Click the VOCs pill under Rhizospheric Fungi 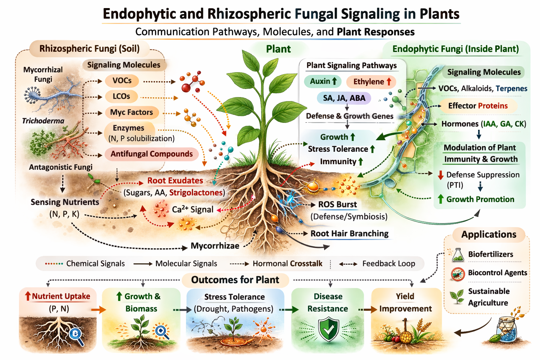tap(122, 81)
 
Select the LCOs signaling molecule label tap(121, 97)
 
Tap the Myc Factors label tap(131, 112)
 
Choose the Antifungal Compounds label tap(152, 154)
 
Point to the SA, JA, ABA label tap(344, 98)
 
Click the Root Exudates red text tap(175, 181)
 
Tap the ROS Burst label tap(337, 205)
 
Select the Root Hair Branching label tap(349, 234)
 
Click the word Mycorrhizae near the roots tap(215, 246)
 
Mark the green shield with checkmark tap(328, 329)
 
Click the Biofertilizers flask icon tap(457, 255)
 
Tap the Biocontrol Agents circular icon tap(457, 274)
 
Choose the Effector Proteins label tap(478, 106)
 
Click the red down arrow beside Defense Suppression tap(441, 175)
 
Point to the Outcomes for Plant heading tap(235, 280)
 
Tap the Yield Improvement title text tap(405, 303)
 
